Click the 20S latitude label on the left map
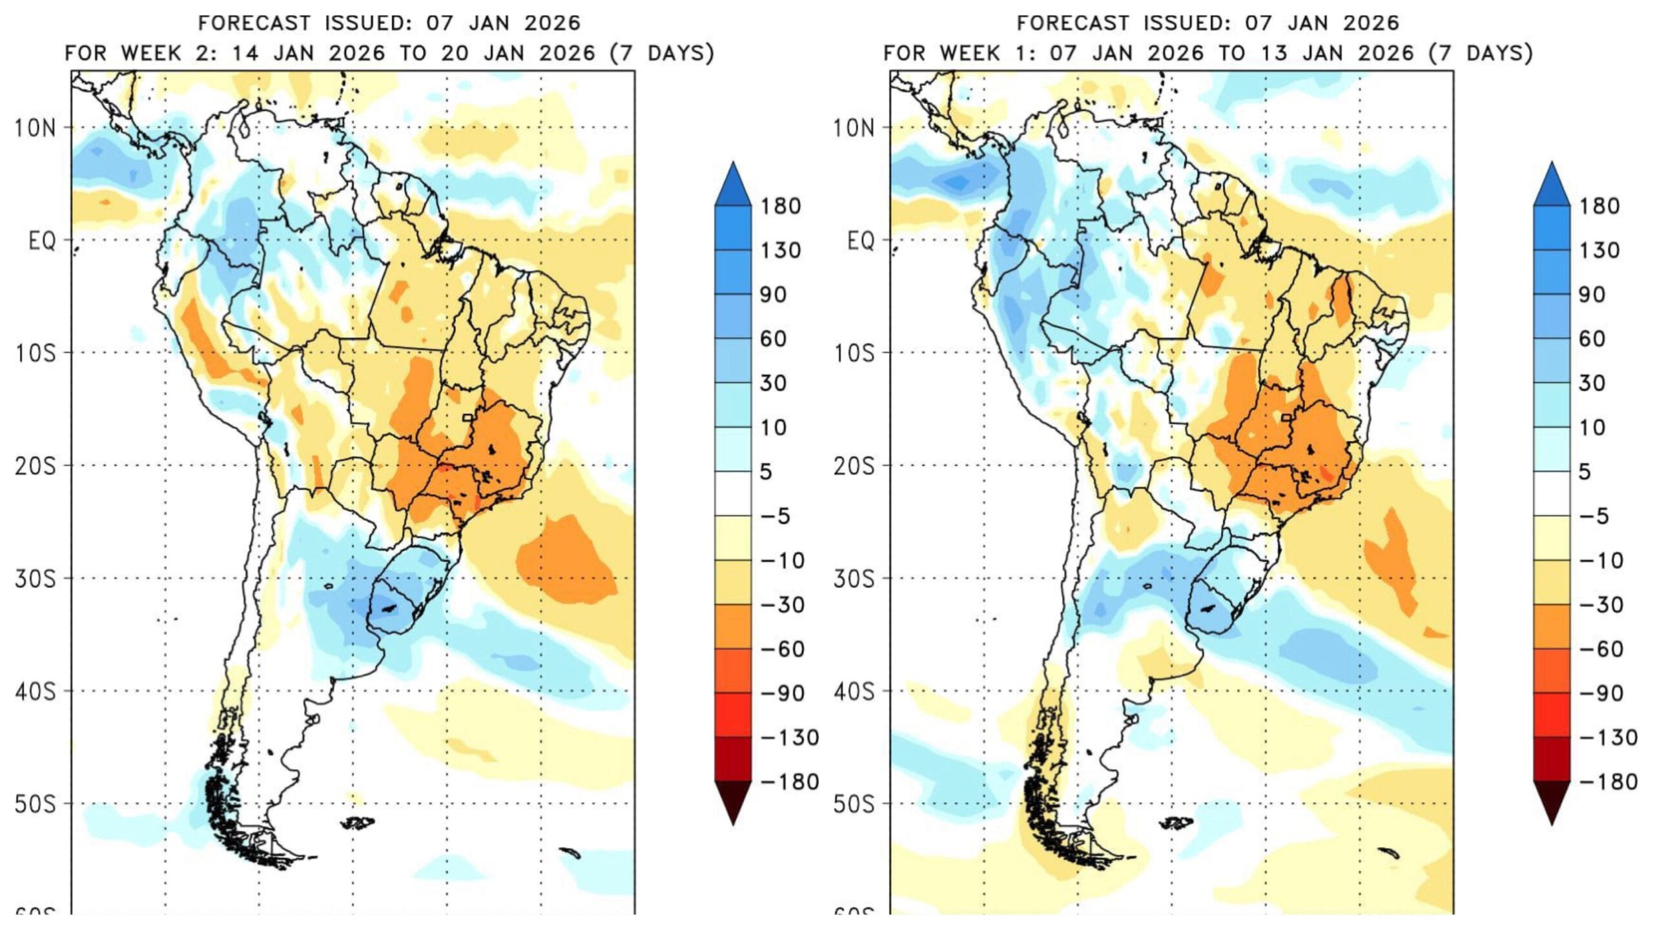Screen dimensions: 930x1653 36,466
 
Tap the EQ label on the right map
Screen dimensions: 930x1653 859,241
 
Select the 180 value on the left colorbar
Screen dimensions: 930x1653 781,207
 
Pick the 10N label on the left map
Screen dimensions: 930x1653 36,128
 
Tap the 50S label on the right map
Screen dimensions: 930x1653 854,805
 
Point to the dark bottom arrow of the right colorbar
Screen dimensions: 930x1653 1552,801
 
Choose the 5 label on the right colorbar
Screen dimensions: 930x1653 1585,472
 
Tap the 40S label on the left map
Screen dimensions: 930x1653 36,692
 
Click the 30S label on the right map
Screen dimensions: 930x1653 854,579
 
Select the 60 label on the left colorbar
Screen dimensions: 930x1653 773,339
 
